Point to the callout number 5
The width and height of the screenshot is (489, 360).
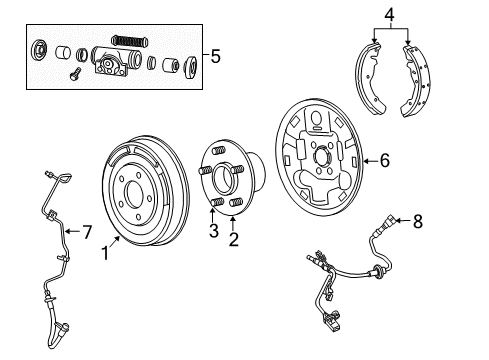point(209,56)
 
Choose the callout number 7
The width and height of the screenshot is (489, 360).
point(86,233)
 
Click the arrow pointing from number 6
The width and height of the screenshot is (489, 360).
point(368,158)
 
